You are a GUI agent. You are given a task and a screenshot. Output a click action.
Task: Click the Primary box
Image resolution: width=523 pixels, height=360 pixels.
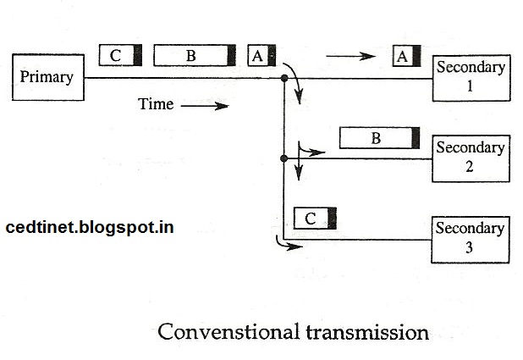tap(48, 77)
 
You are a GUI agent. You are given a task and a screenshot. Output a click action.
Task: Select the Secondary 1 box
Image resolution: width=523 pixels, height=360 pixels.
tap(471, 77)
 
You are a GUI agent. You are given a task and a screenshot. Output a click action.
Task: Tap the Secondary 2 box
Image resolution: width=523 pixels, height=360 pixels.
tap(471, 158)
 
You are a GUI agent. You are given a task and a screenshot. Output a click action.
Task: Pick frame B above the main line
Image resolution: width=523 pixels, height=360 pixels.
tap(195, 56)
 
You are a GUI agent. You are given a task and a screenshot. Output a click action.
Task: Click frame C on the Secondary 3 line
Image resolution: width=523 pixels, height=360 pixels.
tap(315, 219)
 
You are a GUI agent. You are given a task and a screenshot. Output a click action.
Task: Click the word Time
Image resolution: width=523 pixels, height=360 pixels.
tap(156, 105)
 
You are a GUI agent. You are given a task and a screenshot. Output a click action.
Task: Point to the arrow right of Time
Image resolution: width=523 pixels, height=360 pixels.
tap(205, 106)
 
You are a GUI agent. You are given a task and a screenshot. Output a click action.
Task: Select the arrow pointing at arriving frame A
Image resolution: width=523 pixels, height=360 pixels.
tap(350, 57)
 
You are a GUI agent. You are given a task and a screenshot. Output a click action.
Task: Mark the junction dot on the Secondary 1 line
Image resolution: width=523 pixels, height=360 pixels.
tap(284, 79)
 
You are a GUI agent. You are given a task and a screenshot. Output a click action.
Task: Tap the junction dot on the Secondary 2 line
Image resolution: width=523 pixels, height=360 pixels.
tap(284, 158)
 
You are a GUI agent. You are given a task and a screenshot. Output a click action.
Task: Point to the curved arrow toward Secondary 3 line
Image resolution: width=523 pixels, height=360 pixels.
tap(287, 246)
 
